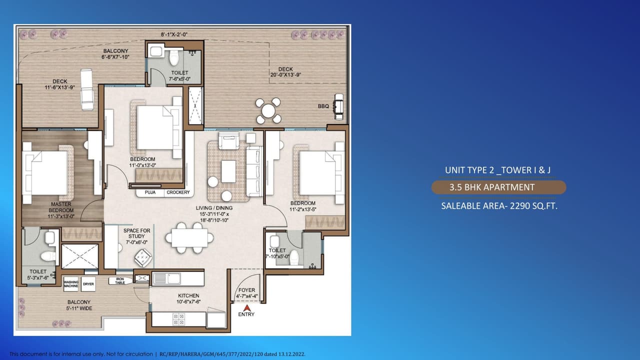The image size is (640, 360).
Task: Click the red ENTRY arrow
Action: (246, 308)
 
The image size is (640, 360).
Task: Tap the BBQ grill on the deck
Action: (339, 106)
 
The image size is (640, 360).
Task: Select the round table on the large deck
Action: (268, 110)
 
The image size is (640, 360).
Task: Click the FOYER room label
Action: (246, 290)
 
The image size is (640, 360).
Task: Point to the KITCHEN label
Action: (188, 295)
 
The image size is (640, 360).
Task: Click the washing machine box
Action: (71, 284)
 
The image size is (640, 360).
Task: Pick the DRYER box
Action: (88, 284)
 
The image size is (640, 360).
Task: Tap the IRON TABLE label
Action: (120, 281)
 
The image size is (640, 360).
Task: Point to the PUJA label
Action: (150, 192)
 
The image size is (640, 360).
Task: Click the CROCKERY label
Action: (178, 192)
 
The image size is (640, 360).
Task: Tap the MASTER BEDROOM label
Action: (60, 207)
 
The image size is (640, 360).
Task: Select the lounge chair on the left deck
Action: (86, 90)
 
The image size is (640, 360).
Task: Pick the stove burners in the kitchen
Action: (178, 319)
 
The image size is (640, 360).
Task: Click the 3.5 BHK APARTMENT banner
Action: (498, 187)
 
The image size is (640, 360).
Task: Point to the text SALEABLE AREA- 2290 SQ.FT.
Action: (499, 205)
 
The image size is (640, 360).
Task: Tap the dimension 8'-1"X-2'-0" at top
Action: (173, 34)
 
